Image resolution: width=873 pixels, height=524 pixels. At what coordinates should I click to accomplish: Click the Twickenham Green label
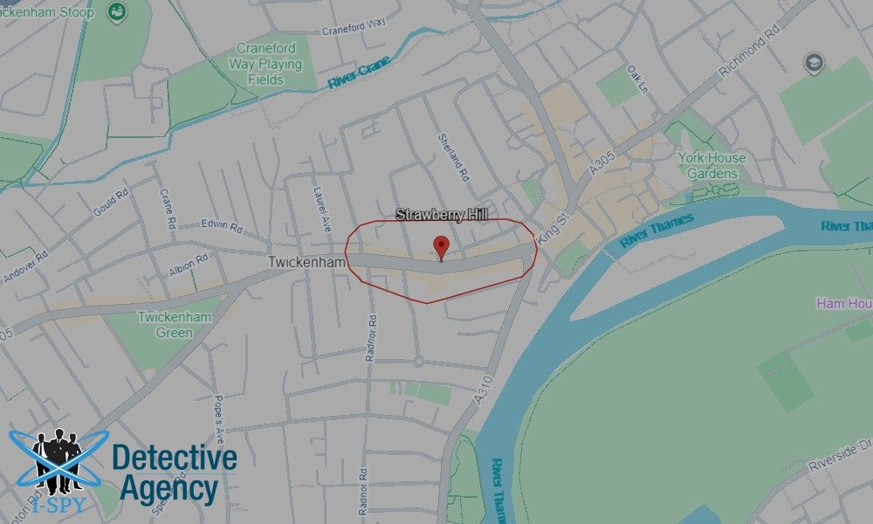[175, 325]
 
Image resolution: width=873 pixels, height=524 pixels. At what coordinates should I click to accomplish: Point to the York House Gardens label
[712, 165]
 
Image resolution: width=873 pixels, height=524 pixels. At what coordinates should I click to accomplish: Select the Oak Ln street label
[640, 79]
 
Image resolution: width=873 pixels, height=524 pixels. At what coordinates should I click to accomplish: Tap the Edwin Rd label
[222, 226]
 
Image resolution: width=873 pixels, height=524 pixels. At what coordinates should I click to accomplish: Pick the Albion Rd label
[189, 259]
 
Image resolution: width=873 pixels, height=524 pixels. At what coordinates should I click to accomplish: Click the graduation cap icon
[813, 63]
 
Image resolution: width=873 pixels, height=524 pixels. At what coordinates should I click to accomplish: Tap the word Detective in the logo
[175, 458]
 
